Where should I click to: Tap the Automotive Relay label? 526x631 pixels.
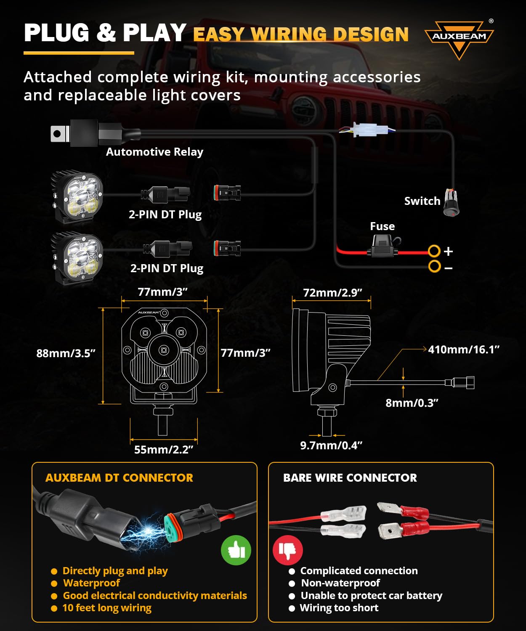tap(154, 152)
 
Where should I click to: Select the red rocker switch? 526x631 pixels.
tap(452, 203)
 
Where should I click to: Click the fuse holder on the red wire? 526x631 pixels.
tap(383, 248)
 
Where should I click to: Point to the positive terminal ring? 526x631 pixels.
tap(434, 251)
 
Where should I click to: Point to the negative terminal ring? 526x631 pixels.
tap(434, 266)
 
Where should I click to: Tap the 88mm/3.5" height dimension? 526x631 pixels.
tap(66, 353)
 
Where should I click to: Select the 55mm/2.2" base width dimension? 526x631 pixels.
tap(164, 450)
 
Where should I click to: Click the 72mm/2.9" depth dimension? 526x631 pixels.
tap(332, 293)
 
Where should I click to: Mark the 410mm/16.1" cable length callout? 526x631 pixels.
tap(463, 350)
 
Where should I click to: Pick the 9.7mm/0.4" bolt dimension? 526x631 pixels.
tap(331, 445)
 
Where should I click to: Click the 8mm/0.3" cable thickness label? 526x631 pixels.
tap(412, 403)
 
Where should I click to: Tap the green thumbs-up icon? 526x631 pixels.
tap(236, 550)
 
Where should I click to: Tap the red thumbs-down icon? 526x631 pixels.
tap(288, 550)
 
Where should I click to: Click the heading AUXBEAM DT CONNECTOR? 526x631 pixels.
tap(119, 478)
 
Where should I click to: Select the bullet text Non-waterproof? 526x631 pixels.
tap(340, 583)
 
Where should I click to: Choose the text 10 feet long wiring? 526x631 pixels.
tap(107, 608)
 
